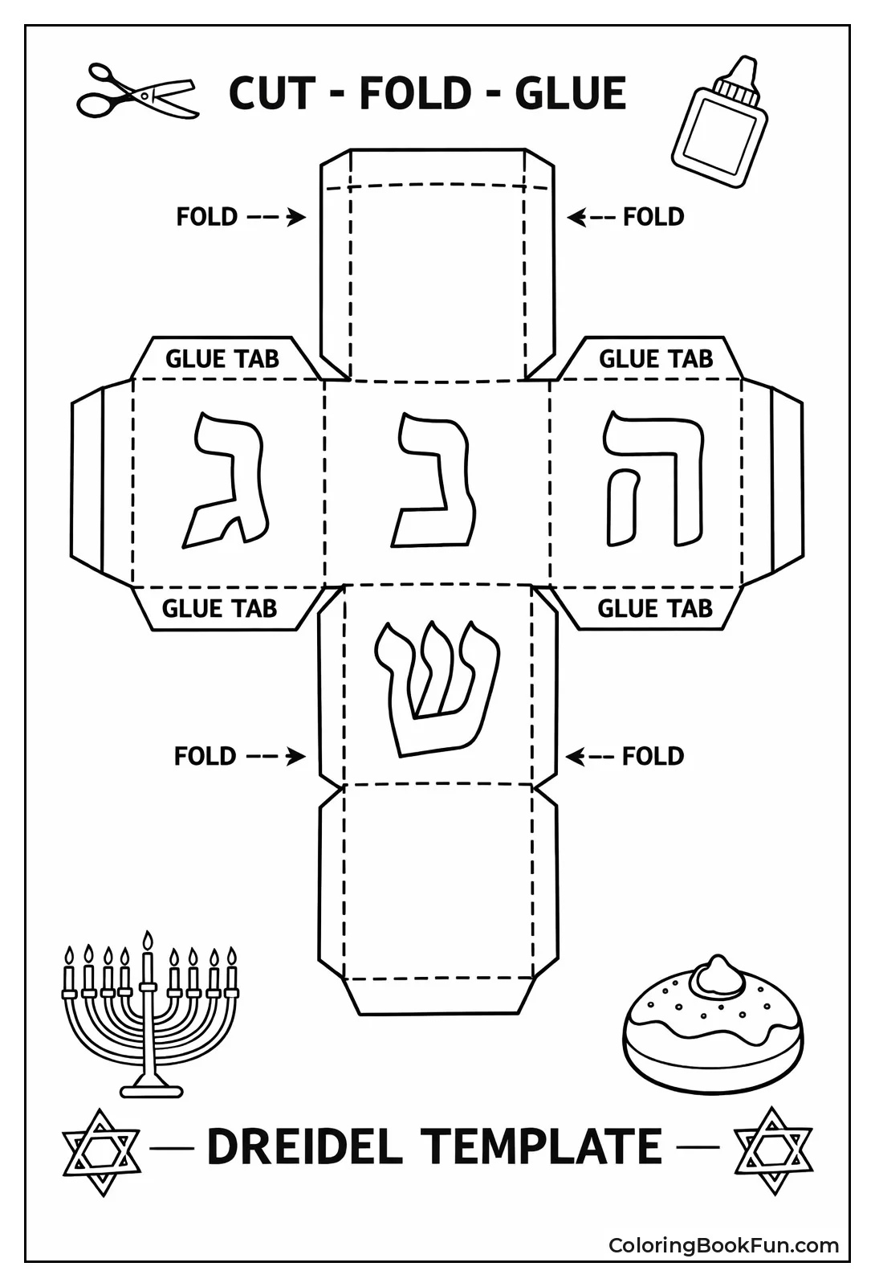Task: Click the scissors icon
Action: coord(137,92)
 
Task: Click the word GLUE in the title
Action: coord(570,93)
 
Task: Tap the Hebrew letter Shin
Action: coord(436,688)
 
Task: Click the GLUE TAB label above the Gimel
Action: coord(222,358)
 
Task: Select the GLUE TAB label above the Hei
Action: coord(655,358)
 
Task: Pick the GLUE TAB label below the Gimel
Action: coord(219,608)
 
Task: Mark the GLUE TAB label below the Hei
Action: coord(654,608)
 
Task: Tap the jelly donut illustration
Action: coord(713,1025)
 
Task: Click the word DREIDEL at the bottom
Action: coord(305,1146)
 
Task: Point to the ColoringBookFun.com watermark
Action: coord(723,1246)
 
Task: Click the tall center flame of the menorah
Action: coord(147,942)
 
